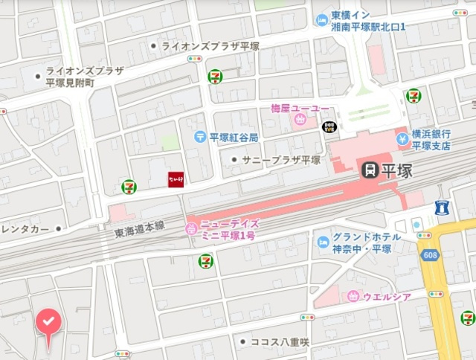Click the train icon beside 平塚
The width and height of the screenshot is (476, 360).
tap(367, 170)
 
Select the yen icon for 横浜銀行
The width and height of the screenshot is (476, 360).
tap(402, 138)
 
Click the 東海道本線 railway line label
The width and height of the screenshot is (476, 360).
tap(138, 232)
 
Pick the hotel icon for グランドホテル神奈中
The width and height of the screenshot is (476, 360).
tap(323, 242)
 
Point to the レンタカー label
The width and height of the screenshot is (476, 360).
tap(26, 228)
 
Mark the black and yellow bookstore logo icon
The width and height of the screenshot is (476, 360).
tap(329, 127)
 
